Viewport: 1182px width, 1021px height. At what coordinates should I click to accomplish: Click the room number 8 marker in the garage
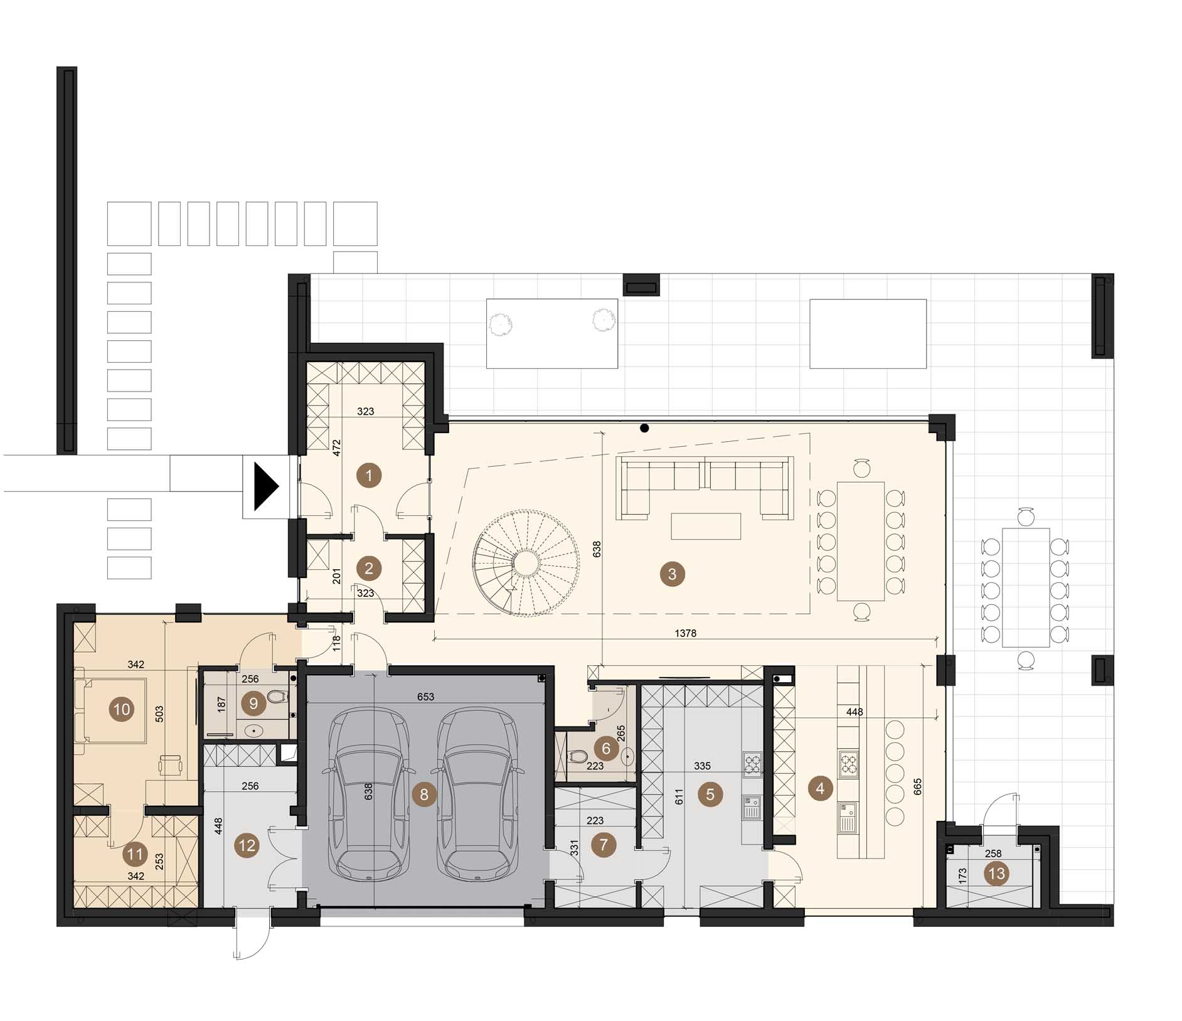tap(424, 795)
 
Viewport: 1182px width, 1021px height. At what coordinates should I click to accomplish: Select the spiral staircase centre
tap(526, 560)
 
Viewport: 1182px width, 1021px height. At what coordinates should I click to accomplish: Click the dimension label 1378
tap(686, 633)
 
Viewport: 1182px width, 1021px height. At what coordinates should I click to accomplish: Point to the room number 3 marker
tap(673, 574)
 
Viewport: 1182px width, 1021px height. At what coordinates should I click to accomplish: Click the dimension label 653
tap(425, 697)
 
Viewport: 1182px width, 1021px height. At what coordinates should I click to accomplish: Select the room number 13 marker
tap(996, 874)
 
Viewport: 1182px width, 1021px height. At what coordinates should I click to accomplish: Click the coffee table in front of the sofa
tap(706, 527)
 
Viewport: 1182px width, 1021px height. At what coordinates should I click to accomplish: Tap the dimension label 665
tap(918, 788)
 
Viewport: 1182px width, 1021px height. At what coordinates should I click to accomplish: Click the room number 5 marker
tap(710, 794)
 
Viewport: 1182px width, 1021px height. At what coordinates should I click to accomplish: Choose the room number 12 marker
tap(247, 845)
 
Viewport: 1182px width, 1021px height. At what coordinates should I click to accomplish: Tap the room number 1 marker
tap(369, 475)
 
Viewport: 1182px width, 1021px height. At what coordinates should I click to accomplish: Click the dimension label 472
tap(337, 447)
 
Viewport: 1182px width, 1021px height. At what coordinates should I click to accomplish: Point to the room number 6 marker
tap(605, 749)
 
